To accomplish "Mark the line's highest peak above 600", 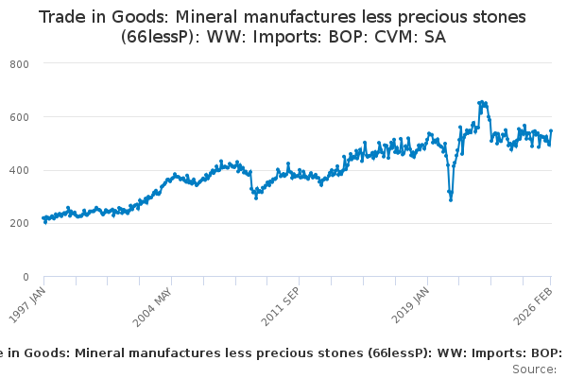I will click(481, 102).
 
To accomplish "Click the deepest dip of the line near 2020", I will click(451, 199).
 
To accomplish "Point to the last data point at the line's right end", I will click(551, 131).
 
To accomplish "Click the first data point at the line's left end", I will click(43, 218).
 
